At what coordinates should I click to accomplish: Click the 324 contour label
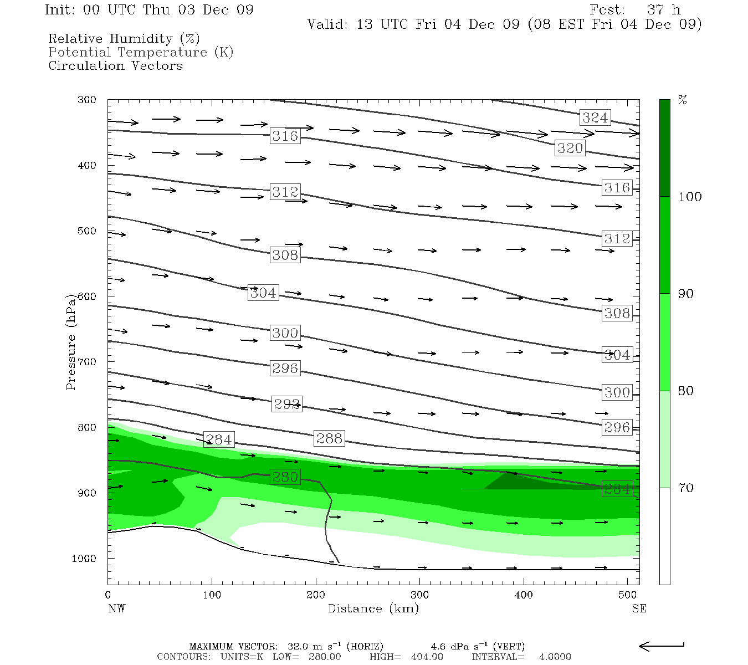tap(595, 117)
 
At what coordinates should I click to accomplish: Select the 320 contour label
tap(570, 148)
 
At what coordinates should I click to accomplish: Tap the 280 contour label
tap(285, 477)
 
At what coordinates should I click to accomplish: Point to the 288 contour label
tap(329, 438)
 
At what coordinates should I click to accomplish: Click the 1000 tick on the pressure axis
tap(84, 559)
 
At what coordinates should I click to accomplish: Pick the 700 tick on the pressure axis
tap(86, 362)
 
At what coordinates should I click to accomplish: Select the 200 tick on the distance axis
tap(316, 595)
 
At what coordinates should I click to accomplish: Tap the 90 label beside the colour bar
tap(686, 294)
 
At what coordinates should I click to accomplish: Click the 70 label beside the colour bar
tap(686, 488)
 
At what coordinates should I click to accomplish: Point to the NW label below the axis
tap(116, 608)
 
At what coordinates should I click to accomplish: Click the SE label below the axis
tap(639, 608)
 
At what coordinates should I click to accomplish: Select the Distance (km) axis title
tap(373, 608)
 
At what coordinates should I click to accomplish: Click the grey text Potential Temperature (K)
tap(141, 52)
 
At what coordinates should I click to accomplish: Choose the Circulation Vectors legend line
tap(115, 65)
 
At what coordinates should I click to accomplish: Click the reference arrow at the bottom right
tap(661, 646)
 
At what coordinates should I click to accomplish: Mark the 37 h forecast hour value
tap(663, 10)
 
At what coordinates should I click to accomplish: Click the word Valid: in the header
tap(327, 24)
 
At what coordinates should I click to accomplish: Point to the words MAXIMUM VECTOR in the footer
tap(233, 646)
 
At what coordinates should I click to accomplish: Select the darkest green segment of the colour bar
tap(664, 148)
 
